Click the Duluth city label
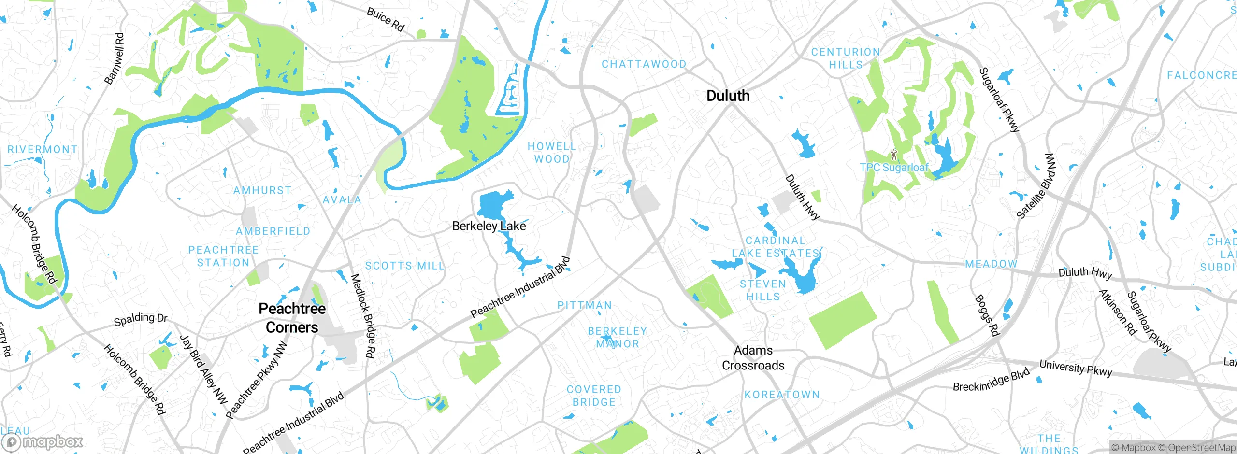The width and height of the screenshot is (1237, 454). [x=728, y=96]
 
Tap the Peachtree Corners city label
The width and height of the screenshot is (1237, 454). [x=292, y=318]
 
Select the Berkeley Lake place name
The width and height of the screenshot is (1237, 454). [x=489, y=226]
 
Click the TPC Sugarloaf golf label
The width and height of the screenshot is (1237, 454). [x=894, y=168]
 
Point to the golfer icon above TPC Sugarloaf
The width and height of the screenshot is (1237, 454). [x=893, y=155]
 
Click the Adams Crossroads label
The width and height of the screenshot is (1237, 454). [x=753, y=357]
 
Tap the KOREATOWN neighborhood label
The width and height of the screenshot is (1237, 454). [x=782, y=395]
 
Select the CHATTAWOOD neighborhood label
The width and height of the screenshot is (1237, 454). [x=644, y=64]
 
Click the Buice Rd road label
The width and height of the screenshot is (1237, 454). [x=385, y=19]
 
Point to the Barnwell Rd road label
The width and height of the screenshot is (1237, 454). [x=114, y=59]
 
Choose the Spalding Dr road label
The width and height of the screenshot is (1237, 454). [x=140, y=319]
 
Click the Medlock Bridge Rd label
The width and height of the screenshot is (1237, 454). [x=363, y=316]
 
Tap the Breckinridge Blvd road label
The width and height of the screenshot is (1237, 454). [x=991, y=381]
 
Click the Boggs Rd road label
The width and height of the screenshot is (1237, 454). [x=987, y=315]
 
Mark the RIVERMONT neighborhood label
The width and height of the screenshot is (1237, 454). [x=43, y=150]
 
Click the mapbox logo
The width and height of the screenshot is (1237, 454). [x=43, y=441]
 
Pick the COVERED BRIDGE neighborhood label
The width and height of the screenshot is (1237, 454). [x=594, y=396]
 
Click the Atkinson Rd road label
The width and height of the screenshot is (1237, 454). [x=1117, y=312]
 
